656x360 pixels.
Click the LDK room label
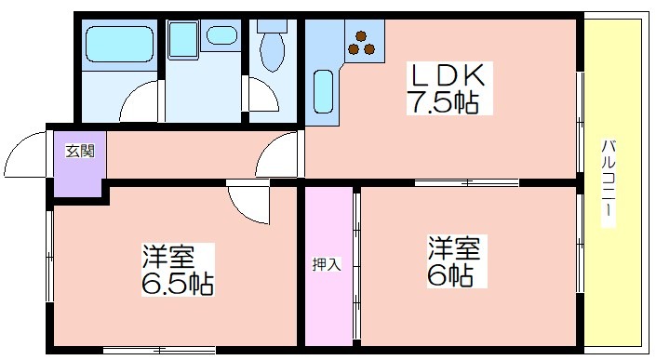pos(448,75)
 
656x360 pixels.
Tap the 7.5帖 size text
pos(444,102)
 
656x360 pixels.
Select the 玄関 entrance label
pos(80,151)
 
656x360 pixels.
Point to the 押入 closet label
pos(327,265)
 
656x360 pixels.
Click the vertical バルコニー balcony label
pos(609,179)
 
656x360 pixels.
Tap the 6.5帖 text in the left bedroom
pos(179,285)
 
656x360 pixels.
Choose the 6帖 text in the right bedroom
pos(449,274)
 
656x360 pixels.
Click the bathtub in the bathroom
pos(119,45)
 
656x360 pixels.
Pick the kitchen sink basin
pos(324,91)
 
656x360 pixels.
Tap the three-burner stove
pos(361,43)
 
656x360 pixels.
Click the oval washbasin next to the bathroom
pos(221,35)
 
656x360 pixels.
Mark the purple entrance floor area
pos(79,164)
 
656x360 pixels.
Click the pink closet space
pos(328,266)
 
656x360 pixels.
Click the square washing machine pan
pos(183,39)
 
